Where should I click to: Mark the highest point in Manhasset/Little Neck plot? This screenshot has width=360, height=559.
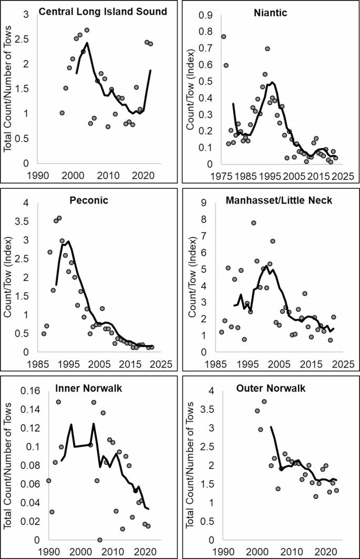[253, 223]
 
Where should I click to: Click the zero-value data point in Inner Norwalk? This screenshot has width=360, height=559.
[100, 540]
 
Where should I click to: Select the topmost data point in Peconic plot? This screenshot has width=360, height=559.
[59, 218]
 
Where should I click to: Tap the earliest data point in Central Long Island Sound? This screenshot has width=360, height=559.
[62, 113]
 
